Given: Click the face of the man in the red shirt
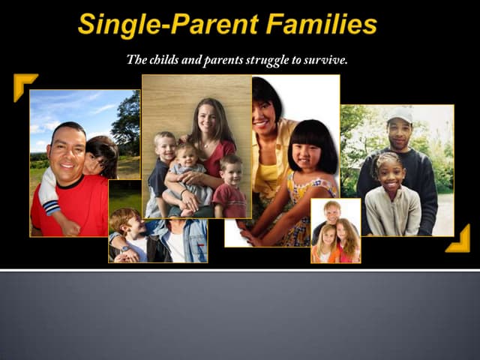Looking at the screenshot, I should coord(67,150).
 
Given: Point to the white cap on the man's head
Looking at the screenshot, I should coord(400,115).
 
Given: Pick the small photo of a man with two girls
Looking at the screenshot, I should coord(335,231).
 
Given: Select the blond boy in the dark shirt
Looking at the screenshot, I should coord(162,165).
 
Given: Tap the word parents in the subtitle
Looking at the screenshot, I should coord(226,61).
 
